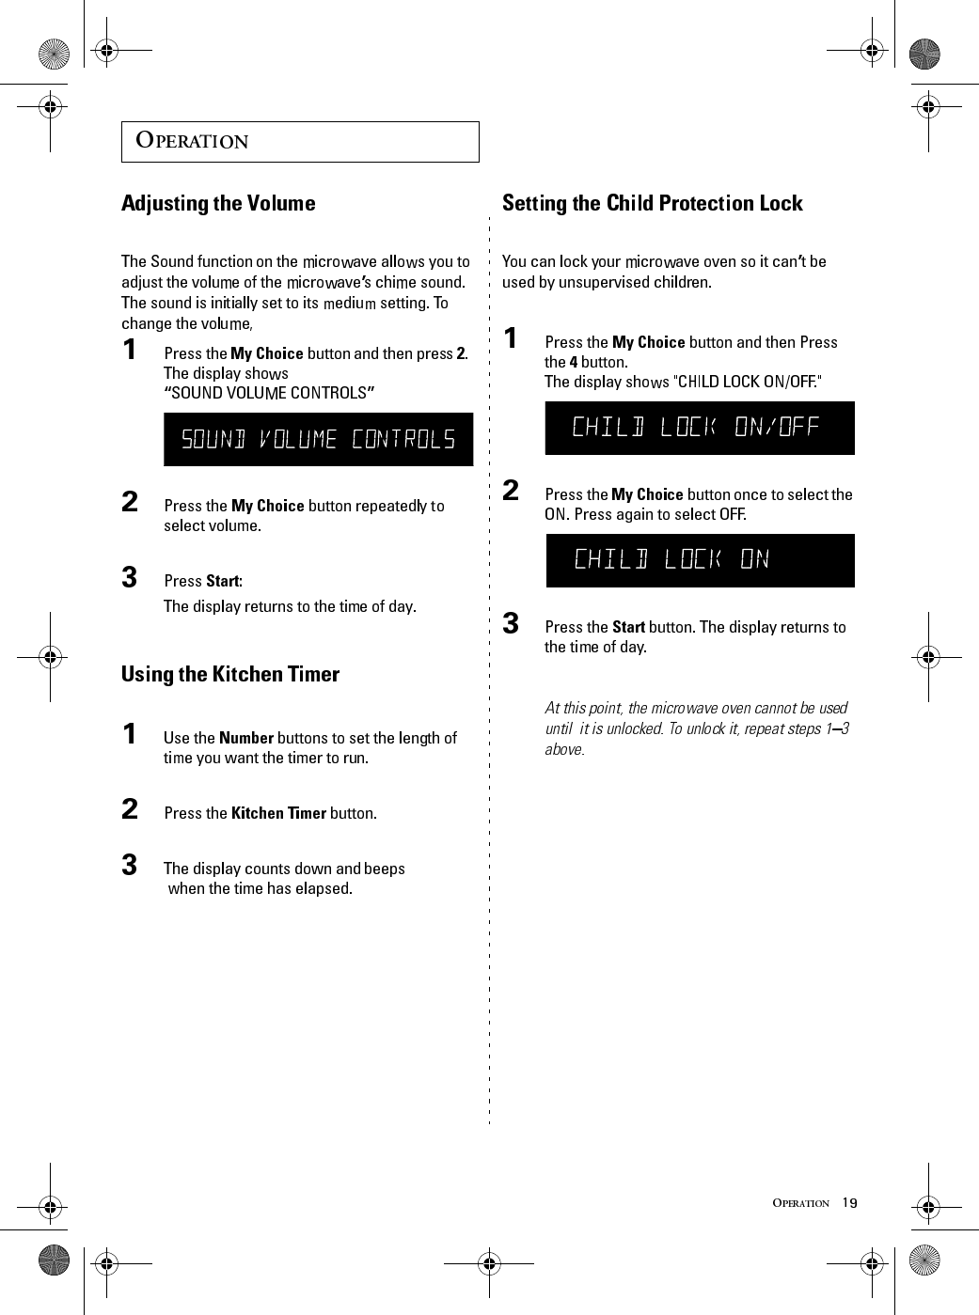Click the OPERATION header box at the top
click(x=300, y=142)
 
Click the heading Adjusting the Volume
click(x=218, y=203)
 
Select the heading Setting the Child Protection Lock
click(x=652, y=203)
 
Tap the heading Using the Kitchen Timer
click(x=230, y=674)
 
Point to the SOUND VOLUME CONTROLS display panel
click(x=318, y=439)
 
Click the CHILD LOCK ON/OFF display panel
click(x=700, y=428)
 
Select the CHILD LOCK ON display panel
click(x=700, y=560)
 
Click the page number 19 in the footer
click(x=850, y=1203)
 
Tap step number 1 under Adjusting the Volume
click(x=130, y=351)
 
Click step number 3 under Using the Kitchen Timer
click(x=130, y=865)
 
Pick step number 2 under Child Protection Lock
click(x=511, y=491)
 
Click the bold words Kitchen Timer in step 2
click(x=278, y=813)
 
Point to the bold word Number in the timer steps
click(x=245, y=738)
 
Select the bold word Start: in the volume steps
click(x=224, y=581)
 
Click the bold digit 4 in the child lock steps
click(x=574, y=362)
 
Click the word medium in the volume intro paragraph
click(x=349, y=303)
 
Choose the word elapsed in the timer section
click(x=322, y=888)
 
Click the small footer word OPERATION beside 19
click(x=800, y=1203)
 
